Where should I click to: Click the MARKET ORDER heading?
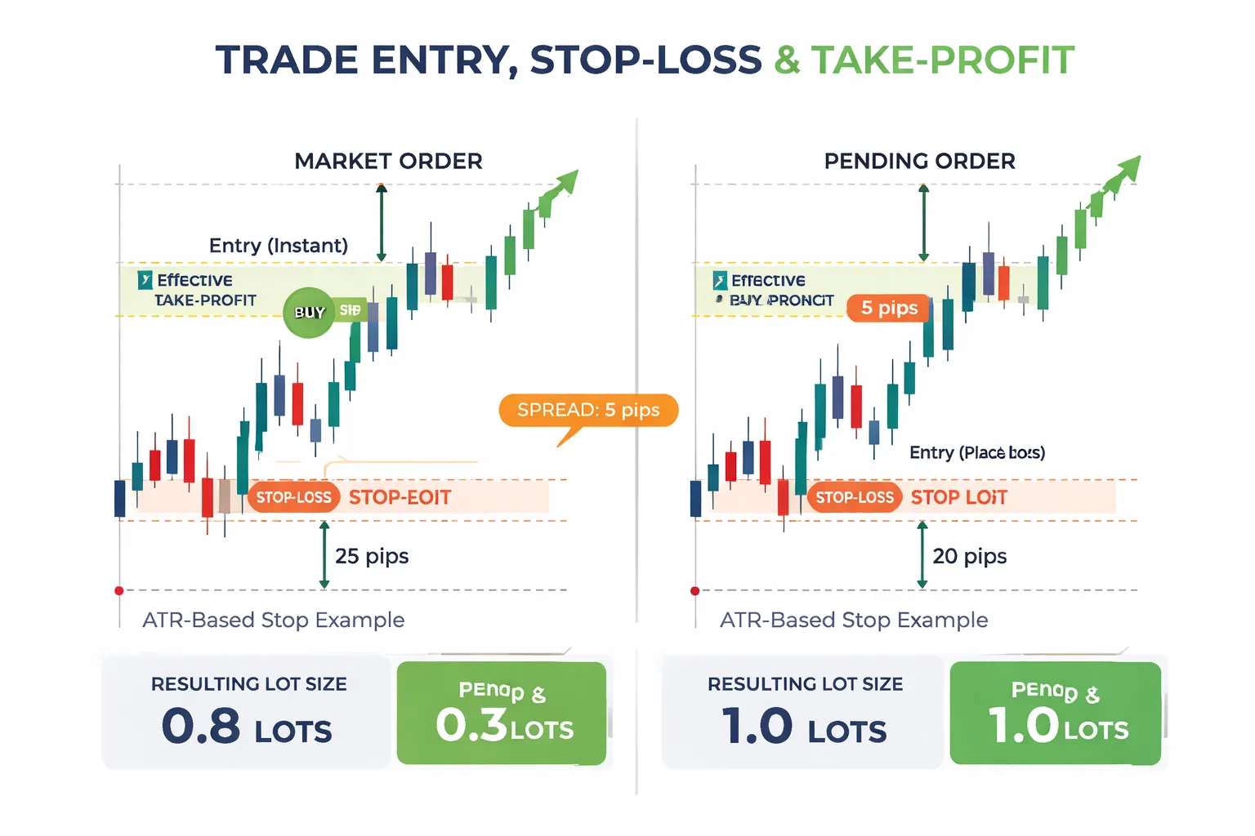point(388,161)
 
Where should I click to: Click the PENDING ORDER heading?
point(919,161)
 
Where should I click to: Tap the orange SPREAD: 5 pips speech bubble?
point(588,410)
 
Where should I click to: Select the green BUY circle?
point(309,312)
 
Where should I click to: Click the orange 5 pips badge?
point(889,308)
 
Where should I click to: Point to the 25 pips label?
point(372,556)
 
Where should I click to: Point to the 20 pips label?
point(970,556)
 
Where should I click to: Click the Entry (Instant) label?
point(279,246)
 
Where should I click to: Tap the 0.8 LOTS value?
point(247,726)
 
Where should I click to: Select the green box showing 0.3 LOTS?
point(502,714)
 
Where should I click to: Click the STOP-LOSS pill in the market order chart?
point(293,497)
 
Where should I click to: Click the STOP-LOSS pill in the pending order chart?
point(855,497)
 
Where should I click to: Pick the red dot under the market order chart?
point(119,590)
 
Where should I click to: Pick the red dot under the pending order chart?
point(695,590)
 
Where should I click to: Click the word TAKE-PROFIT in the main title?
point(942,60)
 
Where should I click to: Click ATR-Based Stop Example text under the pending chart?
point(854,620)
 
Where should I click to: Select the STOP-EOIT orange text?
point(400,497)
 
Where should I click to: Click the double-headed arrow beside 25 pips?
point(324,555)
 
